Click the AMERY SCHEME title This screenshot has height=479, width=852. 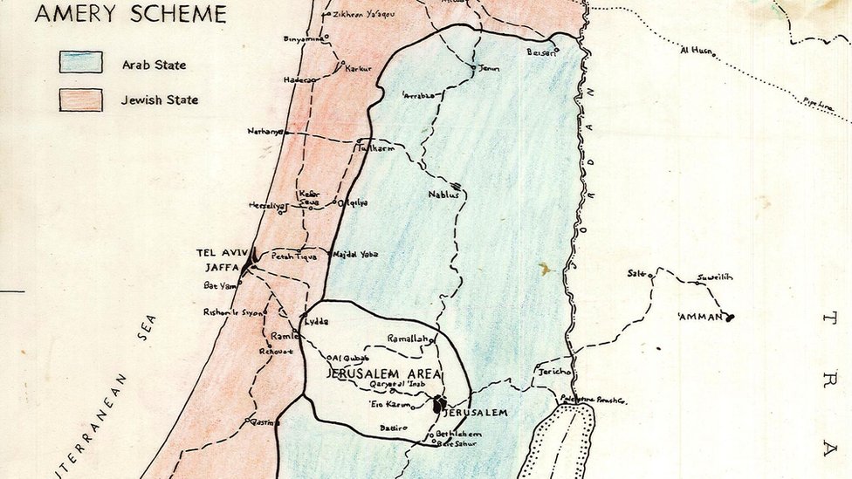click(131, 14)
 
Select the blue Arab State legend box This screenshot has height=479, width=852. click(80, 62)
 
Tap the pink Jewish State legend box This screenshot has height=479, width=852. click(80, 99)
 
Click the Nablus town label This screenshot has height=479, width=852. click(443, 195)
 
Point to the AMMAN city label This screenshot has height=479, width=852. click(701, 317)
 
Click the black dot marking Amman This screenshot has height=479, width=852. click(729, 318)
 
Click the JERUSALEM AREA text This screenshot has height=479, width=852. click(383, 373)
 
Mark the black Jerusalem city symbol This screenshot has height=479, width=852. click(439, 404)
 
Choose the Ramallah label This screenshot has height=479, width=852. click(409, 339)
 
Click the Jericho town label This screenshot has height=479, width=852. click(554, 372)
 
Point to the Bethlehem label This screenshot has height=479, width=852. click(458, 434)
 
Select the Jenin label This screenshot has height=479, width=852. click(489, 68)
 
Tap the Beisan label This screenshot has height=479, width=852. click(541, 51)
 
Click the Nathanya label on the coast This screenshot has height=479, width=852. click(265, 132)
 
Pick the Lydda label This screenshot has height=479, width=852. click(317, 321)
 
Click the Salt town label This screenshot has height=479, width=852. click(636, 273)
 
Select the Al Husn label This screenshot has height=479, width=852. click(696, 50)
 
